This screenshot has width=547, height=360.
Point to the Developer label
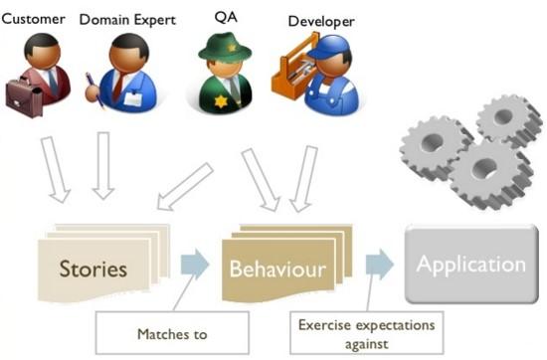pyautogui.click(x=319, y=21)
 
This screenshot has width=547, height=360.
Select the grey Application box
pyautogui.click(x=470, y=265)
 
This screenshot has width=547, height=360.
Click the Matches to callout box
pyautogui.click(x=172, y=334)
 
